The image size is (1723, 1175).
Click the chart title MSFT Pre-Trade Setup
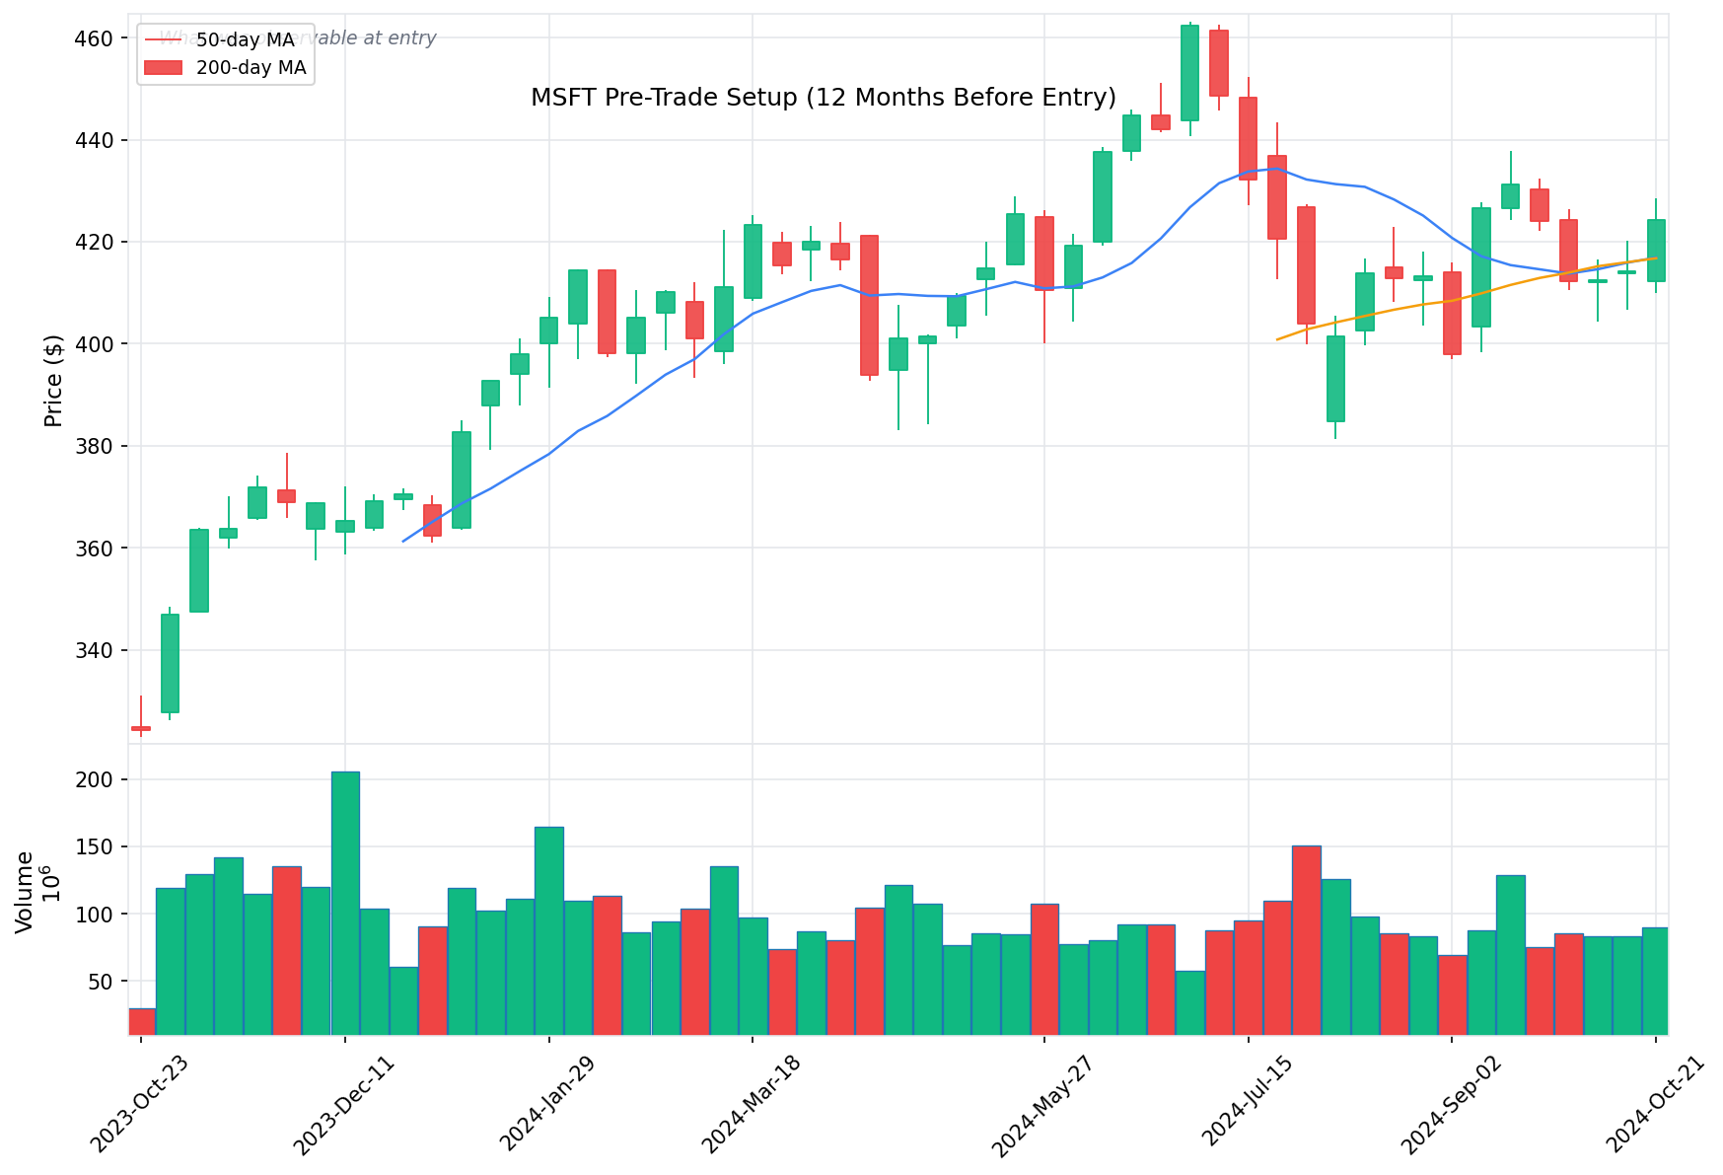pos(823,98)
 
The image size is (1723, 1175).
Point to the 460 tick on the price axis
pos(92,38)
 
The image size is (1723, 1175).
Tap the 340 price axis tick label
pos(92,650)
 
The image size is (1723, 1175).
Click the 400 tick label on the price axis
pos(92,344)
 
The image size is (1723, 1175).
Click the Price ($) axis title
pos(53,381)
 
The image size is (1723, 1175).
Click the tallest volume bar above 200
pos(345,903)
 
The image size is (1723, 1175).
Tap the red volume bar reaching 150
pos(1307,939)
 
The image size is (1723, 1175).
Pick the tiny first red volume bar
pos(142,1021)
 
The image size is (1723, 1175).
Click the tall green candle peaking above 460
pos(1189,73)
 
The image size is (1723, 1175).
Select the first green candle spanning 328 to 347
pos(170,663)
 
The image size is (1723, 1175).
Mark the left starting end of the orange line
pos(1277,339)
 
